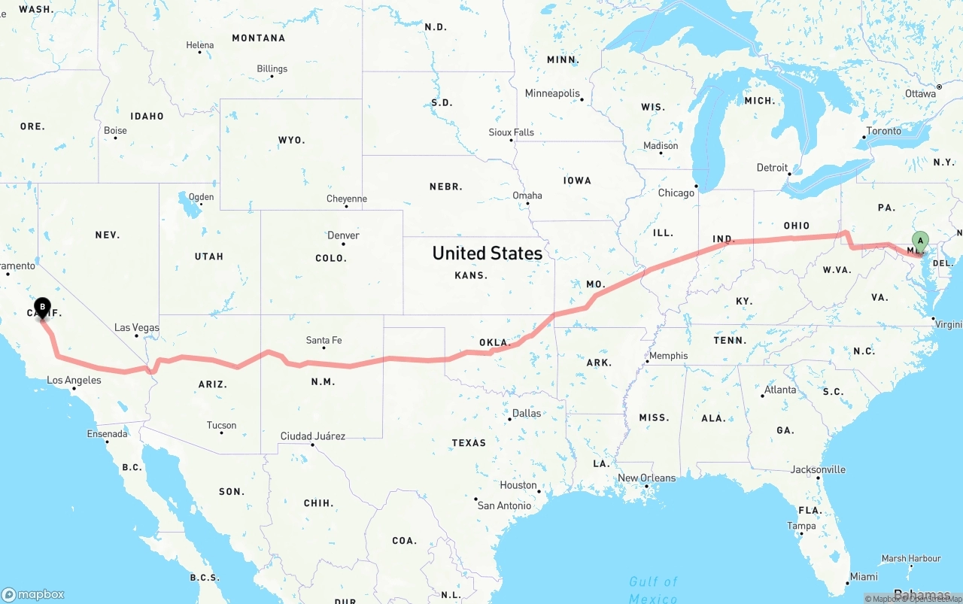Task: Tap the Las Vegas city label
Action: (x=137, y=327)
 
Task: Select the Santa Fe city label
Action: (x=324, y=340)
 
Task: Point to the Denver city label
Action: (x=343, y=235)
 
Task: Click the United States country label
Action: (x=487, y=253)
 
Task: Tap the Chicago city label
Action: (x=676, y=193)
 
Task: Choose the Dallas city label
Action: (x=526, y=413)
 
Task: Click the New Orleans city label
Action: (x=646, y=478)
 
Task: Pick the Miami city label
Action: (x=863, y=577)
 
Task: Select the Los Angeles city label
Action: (x=74, y=381)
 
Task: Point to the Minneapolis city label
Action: (x=552, y=93)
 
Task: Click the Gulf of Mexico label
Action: (x=653, y=590)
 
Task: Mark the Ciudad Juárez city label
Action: (x=312, y=436)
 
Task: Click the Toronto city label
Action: (x=883, y=131)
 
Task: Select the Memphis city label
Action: (x=668, y=356)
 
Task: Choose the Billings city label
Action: (x=272, y=68)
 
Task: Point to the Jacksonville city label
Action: (x=818, y=469)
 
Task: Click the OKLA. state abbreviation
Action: (x=494, y=342)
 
